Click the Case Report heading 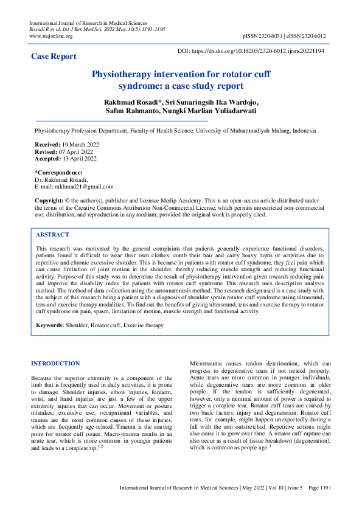point(54,57)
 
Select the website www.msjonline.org point(51,36)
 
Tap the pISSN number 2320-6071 point(268,36)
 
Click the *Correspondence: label point(58,173)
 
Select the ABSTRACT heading point(53,235)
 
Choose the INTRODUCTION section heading point(55,364)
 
